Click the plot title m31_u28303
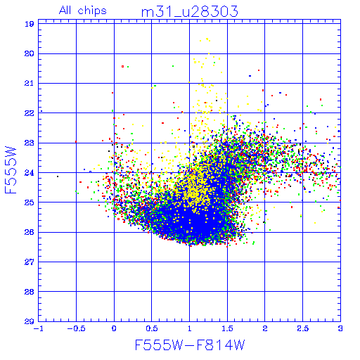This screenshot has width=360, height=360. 190,12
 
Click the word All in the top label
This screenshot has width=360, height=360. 65,11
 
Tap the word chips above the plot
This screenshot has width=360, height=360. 92,11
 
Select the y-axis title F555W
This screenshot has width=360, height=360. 11,170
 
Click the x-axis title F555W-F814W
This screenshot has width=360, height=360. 190,345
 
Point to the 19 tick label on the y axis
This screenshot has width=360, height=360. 30,24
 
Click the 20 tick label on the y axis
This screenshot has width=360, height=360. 30,53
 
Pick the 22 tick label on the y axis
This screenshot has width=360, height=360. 30,113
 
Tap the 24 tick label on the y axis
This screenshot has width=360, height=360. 30,173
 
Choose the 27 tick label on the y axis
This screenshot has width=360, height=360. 30,262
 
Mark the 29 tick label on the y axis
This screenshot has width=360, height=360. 30,321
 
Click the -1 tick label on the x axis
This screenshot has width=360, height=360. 37,328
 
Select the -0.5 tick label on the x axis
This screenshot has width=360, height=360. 76,328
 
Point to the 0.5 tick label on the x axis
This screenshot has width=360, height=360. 152,328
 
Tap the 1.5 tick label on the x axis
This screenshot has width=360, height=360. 227,328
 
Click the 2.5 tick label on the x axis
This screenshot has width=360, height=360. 303,328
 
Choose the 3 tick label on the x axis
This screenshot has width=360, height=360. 340,328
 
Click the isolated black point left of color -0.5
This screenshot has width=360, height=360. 58,176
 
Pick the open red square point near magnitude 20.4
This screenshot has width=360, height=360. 122,67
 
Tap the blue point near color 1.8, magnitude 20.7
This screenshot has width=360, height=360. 250,76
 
